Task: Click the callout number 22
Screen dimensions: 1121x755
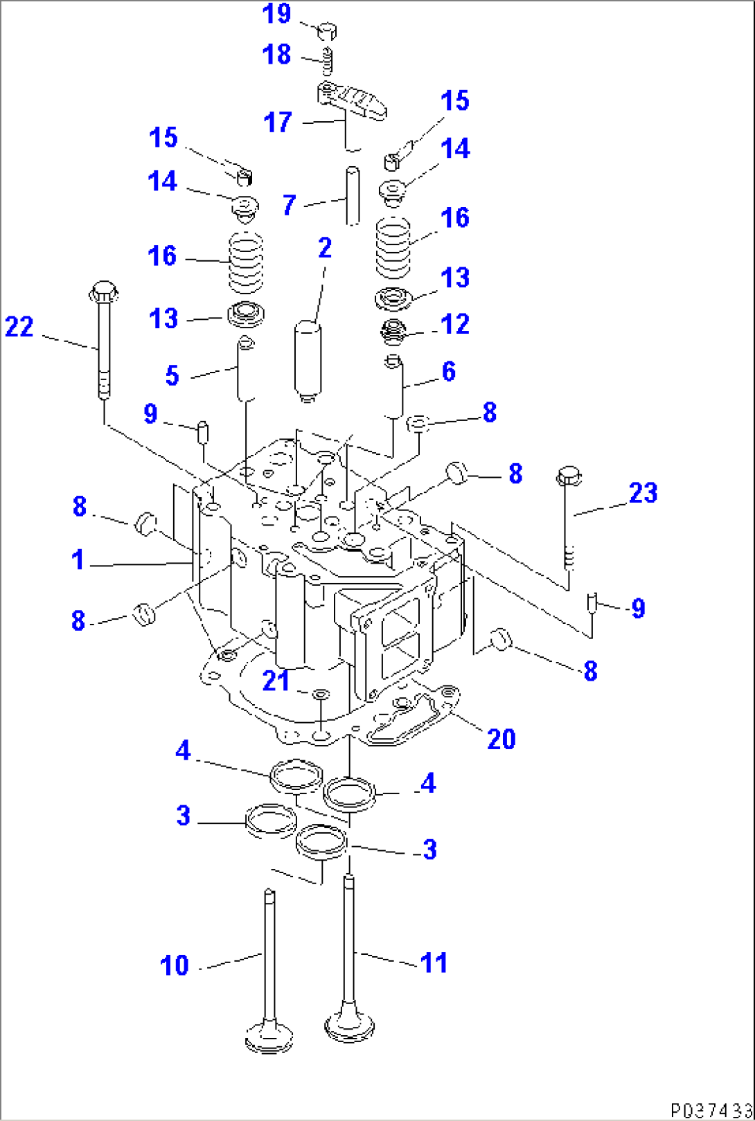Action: [19, 326]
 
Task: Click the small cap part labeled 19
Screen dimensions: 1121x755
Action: [327, 30]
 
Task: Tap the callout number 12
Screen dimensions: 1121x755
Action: [455, 323]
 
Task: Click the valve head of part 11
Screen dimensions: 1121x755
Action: [350, 1027]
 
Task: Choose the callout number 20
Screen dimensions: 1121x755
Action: [501, 739]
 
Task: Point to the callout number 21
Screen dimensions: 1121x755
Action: [276, 681]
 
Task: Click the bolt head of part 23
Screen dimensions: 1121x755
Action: [567, 476]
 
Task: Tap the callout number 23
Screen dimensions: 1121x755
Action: [643, 493]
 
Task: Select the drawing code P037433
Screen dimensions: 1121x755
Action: [710, 1109]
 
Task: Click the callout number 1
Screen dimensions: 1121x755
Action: [78, 559]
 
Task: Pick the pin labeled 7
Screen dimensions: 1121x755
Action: [353, 195]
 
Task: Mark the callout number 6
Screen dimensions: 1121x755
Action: [449, 372]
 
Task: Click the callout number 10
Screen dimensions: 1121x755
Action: [174, 965]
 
